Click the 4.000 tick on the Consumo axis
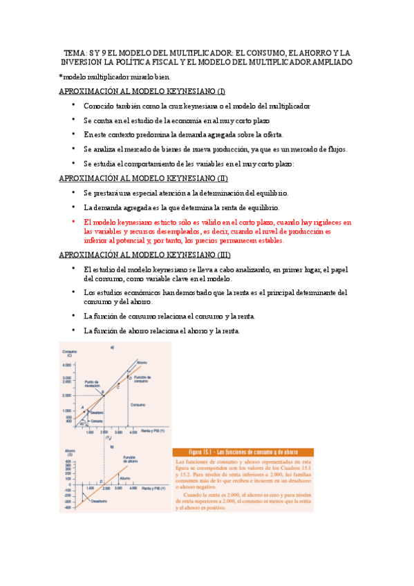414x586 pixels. [x=67, y=365]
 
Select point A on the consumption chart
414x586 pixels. [x=82, y=407]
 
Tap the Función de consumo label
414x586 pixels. [x=142, y=379]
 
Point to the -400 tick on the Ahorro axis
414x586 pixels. [x=67, y=508]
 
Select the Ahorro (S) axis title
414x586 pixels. [x=69, y=452]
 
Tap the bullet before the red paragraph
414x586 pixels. [x=73, y=222]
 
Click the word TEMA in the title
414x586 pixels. [x=73, y=53]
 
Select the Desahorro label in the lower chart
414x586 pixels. [x=97, y=502]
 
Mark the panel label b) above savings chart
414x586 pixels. [x=112, y=446]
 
